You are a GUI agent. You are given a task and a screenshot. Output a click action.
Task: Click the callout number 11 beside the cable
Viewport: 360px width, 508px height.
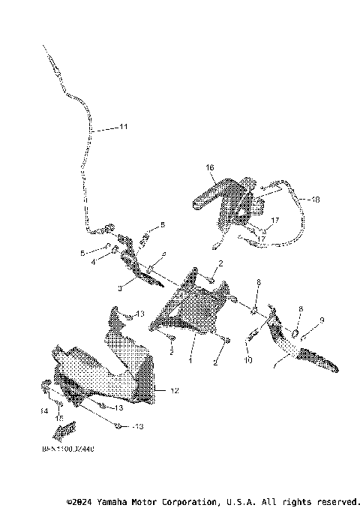click(124, 128)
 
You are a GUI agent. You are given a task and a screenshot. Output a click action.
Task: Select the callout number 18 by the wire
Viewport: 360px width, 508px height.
click(314, 200)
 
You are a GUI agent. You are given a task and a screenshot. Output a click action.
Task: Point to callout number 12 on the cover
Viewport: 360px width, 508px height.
click(174, 391)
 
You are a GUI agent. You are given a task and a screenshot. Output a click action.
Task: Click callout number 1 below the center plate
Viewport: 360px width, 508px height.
click(190, 361)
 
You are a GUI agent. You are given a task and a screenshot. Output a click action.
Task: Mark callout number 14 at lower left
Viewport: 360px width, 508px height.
click(44, 411)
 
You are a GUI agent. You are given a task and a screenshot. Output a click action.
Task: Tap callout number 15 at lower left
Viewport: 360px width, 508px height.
click(61, 418)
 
